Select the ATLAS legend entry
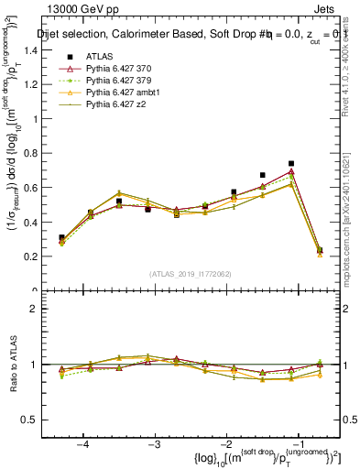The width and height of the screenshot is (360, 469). click(x=98, y=56)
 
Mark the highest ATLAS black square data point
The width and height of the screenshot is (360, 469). click(x=291, y=164)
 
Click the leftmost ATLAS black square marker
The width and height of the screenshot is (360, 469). click(x=61, y=237)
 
